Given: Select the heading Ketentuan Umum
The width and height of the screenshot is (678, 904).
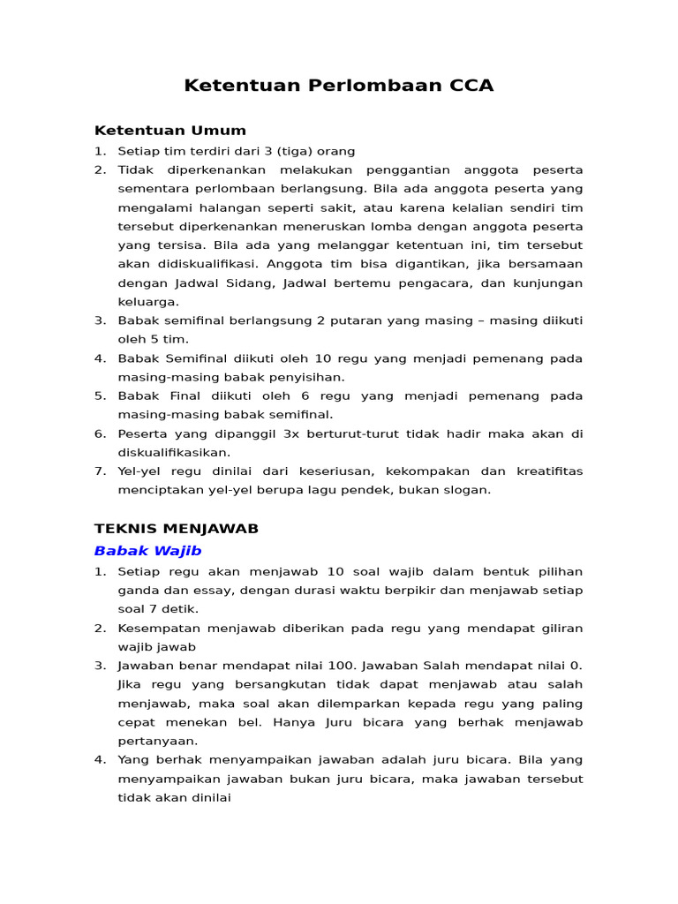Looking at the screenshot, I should [x=170, y=131].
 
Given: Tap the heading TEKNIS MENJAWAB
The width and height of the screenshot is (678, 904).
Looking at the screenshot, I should [x=177, y=528].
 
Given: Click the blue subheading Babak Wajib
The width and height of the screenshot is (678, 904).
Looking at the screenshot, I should [x=147, y=551].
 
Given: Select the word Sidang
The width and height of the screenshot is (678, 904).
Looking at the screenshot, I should [x=260, y=283].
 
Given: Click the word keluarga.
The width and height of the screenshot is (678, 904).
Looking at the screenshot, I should [x=148, y=302].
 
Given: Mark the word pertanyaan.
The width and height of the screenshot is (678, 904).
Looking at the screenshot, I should [x=157, y=741].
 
